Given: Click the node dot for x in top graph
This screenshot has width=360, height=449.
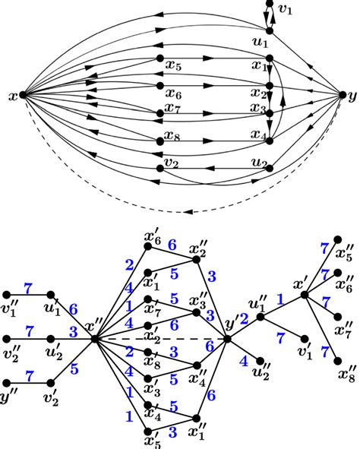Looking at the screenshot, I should [x=22, y=96].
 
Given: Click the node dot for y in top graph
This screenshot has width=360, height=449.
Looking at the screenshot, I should [x=340, y=95].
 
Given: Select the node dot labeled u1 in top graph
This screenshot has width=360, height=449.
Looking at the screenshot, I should [x=267, y=30].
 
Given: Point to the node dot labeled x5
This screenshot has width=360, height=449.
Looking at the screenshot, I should [x=159, y=58].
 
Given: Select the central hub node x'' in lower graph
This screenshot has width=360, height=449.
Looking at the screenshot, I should [x=94, y=339].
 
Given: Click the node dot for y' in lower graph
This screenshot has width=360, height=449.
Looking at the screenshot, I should [x=227, y=339].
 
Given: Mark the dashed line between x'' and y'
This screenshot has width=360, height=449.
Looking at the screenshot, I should [x=159, y=339].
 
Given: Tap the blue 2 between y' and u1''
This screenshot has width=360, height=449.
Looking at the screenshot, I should [x=245, y=318].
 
